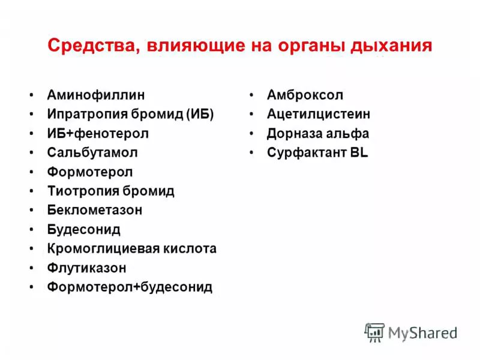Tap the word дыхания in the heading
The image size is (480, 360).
click(x=391, y=46)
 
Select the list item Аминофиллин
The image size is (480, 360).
click(x=96, y=95)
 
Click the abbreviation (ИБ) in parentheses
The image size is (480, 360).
click(x=200, y=114)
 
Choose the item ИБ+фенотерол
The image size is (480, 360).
click(x=98, y=134)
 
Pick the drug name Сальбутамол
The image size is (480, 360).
click(x=92, y=152)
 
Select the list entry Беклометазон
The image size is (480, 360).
click(x=95, y=210)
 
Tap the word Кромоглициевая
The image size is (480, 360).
click(x=103, y=248)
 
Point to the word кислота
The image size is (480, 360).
click(x=190, y=248)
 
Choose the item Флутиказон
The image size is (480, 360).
click(x=86, y=268)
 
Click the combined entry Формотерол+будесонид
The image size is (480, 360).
click(x=130, y=287)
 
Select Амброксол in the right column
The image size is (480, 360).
click(x=305, y=95)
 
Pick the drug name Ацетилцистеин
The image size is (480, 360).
click(x=319, y=114)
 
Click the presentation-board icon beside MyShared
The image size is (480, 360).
click(x=374, y=333)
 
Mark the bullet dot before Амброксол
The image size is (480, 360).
click(x=251, y=95)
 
